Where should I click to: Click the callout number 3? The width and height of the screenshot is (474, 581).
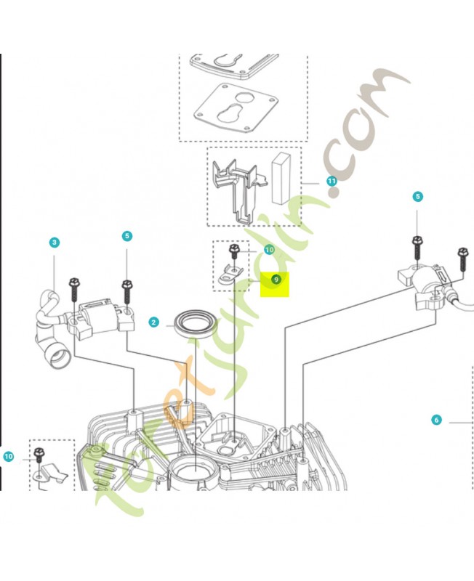coord(55,243)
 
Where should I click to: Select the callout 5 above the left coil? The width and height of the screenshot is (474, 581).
coord(126,236)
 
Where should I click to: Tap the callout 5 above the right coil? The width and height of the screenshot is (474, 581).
coord(417,196)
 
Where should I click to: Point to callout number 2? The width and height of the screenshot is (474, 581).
coord(153,322)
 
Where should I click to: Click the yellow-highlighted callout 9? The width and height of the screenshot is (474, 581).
coord(276,279)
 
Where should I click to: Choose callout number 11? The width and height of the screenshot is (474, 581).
coord(332,181)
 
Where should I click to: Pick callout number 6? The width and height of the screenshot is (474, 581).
coord(436,420)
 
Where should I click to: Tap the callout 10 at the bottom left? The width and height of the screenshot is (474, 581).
coord(8,456)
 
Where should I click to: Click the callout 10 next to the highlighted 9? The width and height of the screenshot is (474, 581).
coord(269,250)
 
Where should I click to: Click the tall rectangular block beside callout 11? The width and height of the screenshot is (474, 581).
coord(281,179)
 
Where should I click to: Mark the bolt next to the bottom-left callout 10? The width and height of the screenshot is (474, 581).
coord(38,455)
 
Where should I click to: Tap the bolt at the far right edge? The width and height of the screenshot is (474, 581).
coord(462,260)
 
